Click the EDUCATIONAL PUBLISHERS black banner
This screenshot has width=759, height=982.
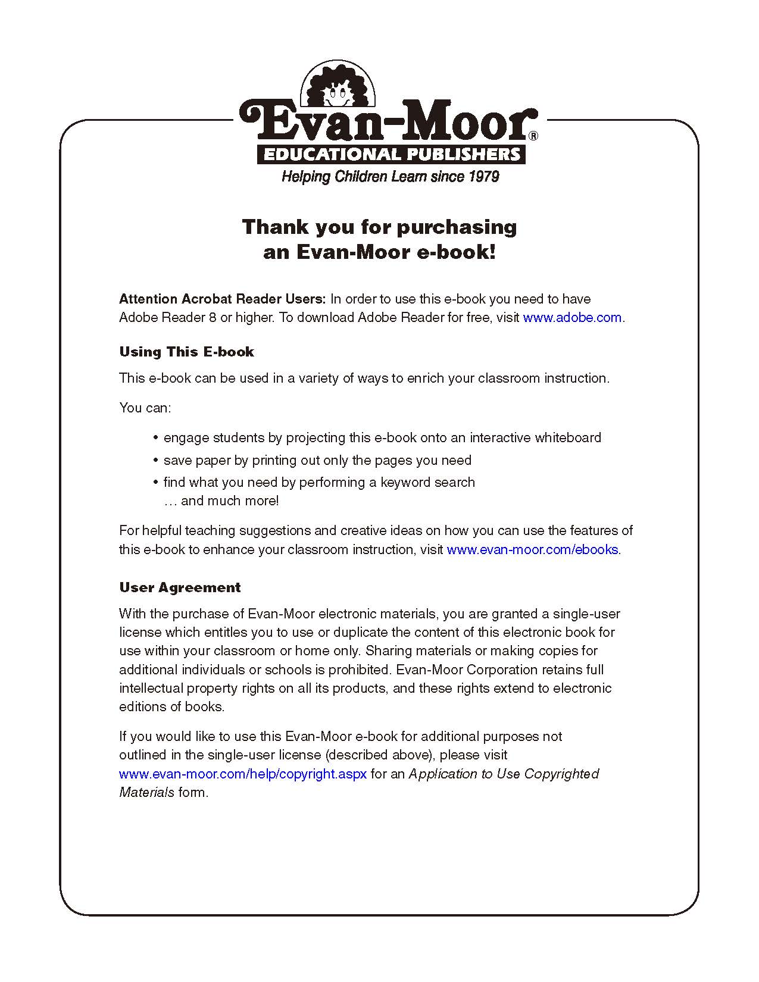point(391,155)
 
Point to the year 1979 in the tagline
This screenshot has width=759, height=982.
point(483,177)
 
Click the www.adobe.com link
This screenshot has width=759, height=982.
point(572,318)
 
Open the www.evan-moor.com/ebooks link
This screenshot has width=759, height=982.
point(532,550)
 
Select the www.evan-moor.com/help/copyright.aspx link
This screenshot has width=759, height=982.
point(243,774)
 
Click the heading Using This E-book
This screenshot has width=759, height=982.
point(186,352)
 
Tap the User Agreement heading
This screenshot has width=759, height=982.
point(180,587)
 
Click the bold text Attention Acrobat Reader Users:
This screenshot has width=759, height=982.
point(223,299)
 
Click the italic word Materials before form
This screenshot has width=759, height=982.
point(146,793)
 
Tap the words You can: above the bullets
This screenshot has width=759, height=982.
point(145,408)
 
